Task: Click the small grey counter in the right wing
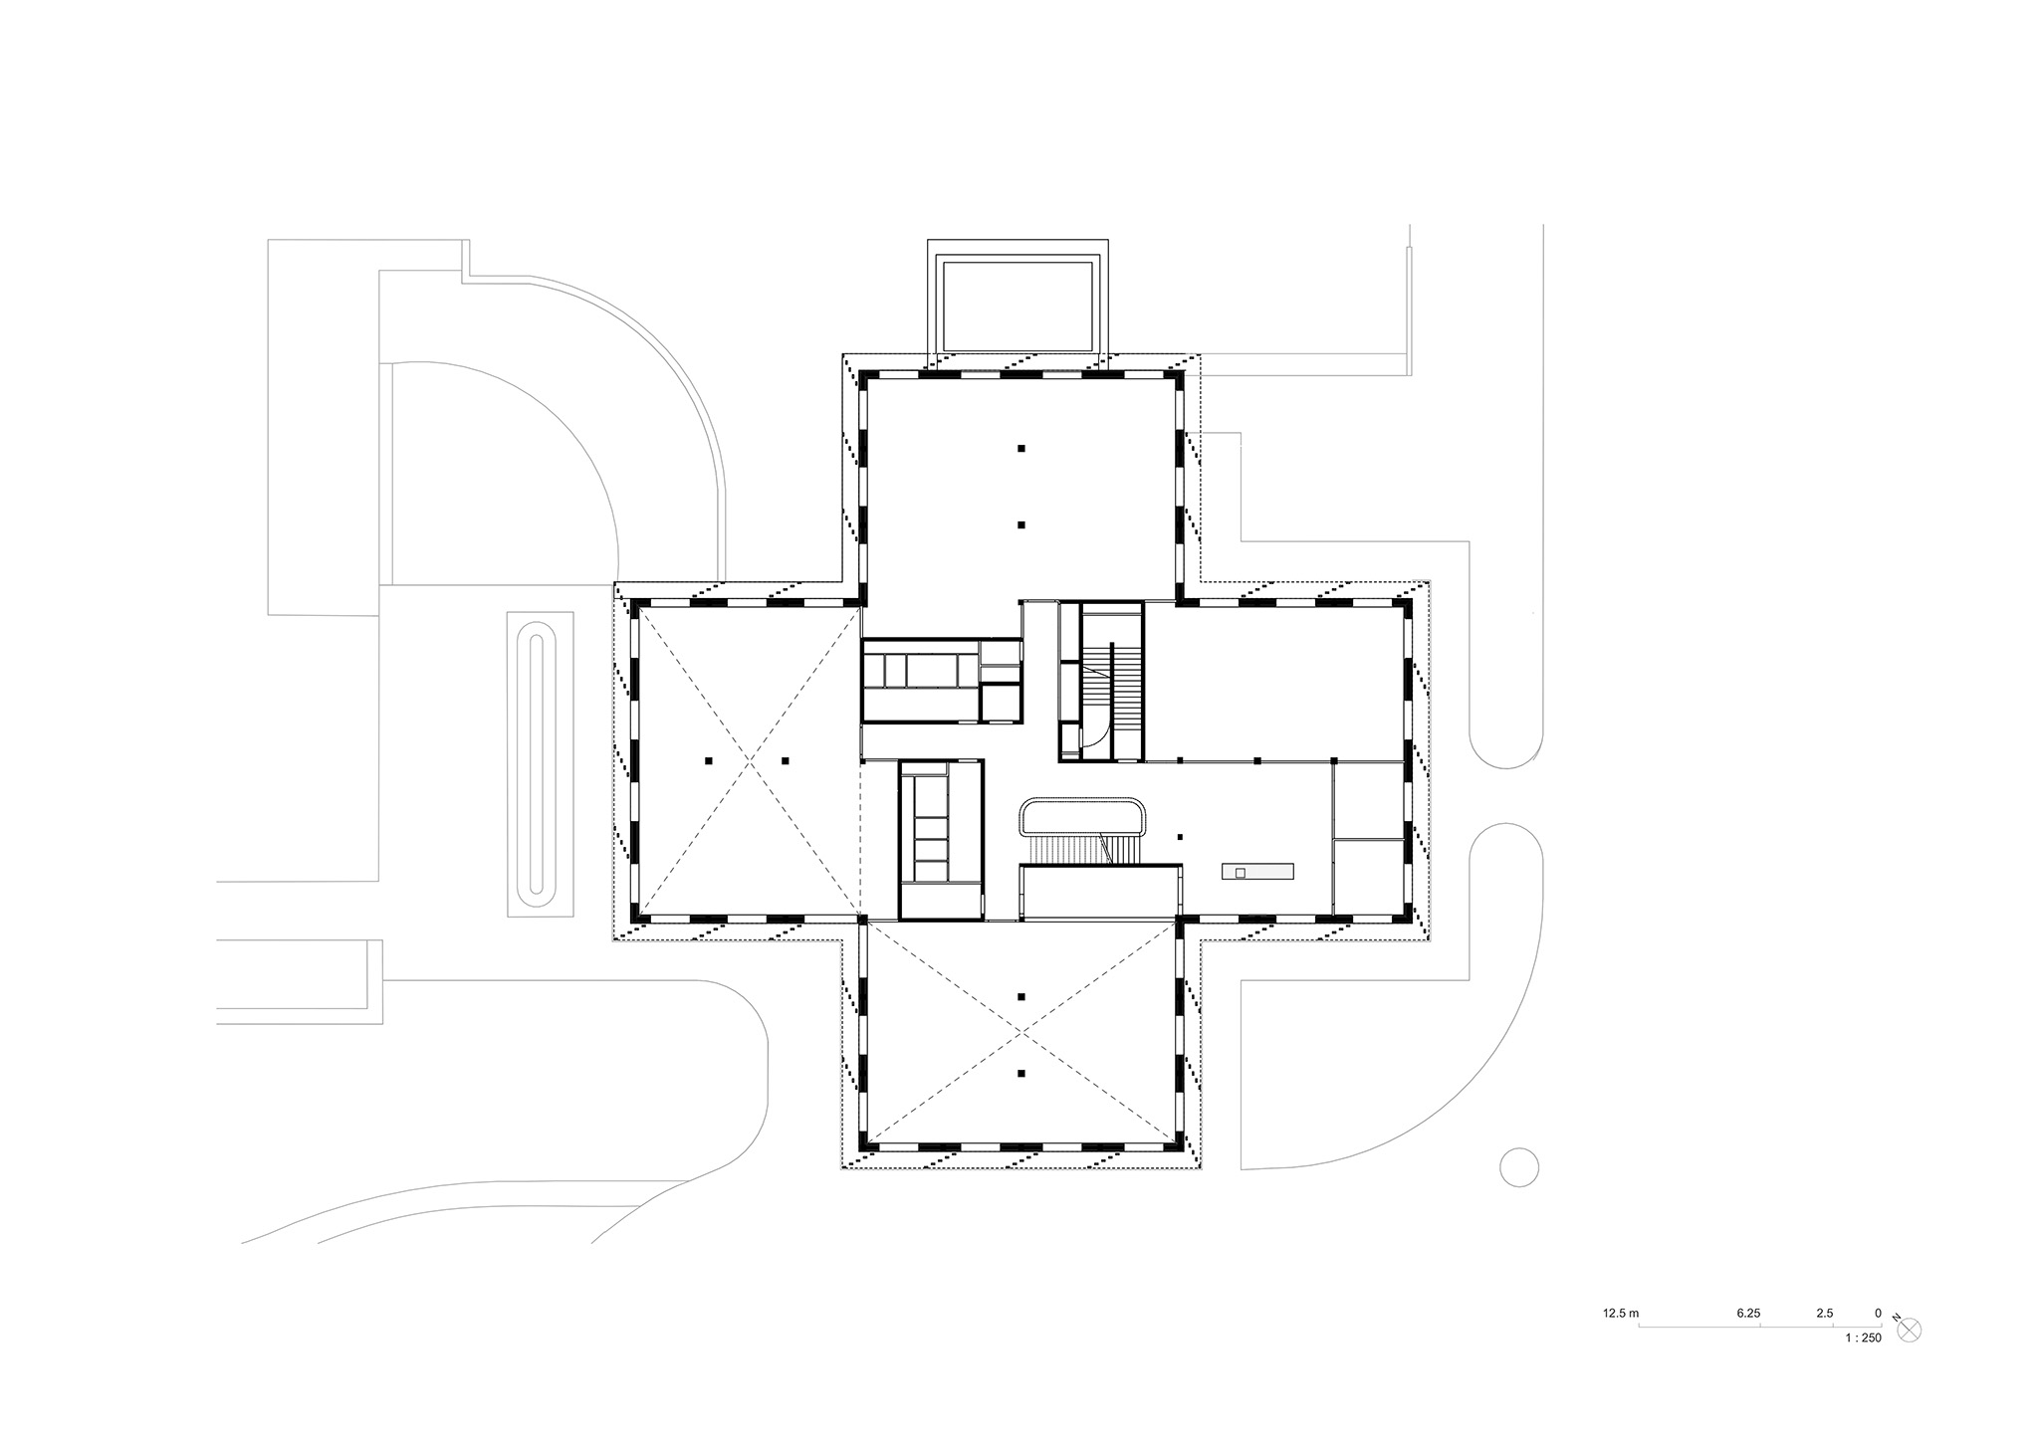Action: pos(1258,872)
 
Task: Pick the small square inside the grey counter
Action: pos(1240,872)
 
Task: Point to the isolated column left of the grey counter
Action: pos(1180,837)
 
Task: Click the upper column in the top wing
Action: pos(1021,448)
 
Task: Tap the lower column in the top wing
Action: pos(1021,524)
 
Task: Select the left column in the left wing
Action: pos(708,761)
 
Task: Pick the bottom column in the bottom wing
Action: pos(1021,1073)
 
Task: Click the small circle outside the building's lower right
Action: pos(1519,1166)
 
